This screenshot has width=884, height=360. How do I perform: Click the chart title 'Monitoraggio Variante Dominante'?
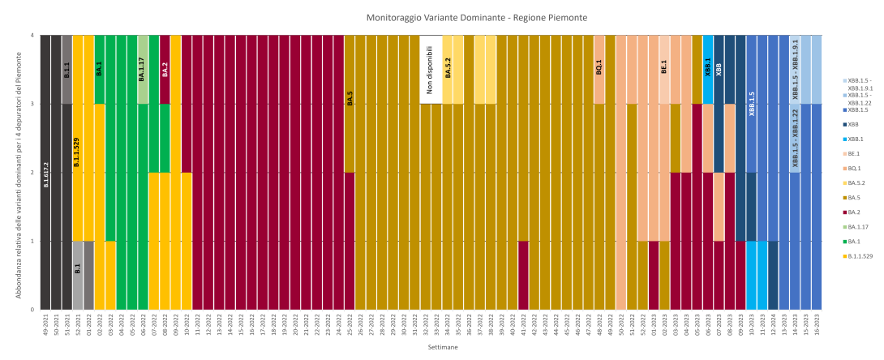point(477,17)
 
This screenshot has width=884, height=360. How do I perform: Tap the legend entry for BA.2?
point(856,212)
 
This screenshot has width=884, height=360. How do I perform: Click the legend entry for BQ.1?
point(856,168)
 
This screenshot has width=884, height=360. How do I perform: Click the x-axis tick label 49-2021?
point(46,327)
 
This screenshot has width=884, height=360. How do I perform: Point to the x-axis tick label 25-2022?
point(350,327)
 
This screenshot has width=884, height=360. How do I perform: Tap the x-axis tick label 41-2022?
point(523,327)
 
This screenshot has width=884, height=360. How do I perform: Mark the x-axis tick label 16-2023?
point(816,327)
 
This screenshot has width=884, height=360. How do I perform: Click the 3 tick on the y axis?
point(32,104)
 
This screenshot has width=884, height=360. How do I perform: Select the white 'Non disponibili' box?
point(431,70)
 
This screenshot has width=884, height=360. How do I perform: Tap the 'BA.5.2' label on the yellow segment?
point(448,68)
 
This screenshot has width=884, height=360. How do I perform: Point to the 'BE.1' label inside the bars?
point(664,66)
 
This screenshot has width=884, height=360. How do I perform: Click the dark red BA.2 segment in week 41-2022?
point(523,275)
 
